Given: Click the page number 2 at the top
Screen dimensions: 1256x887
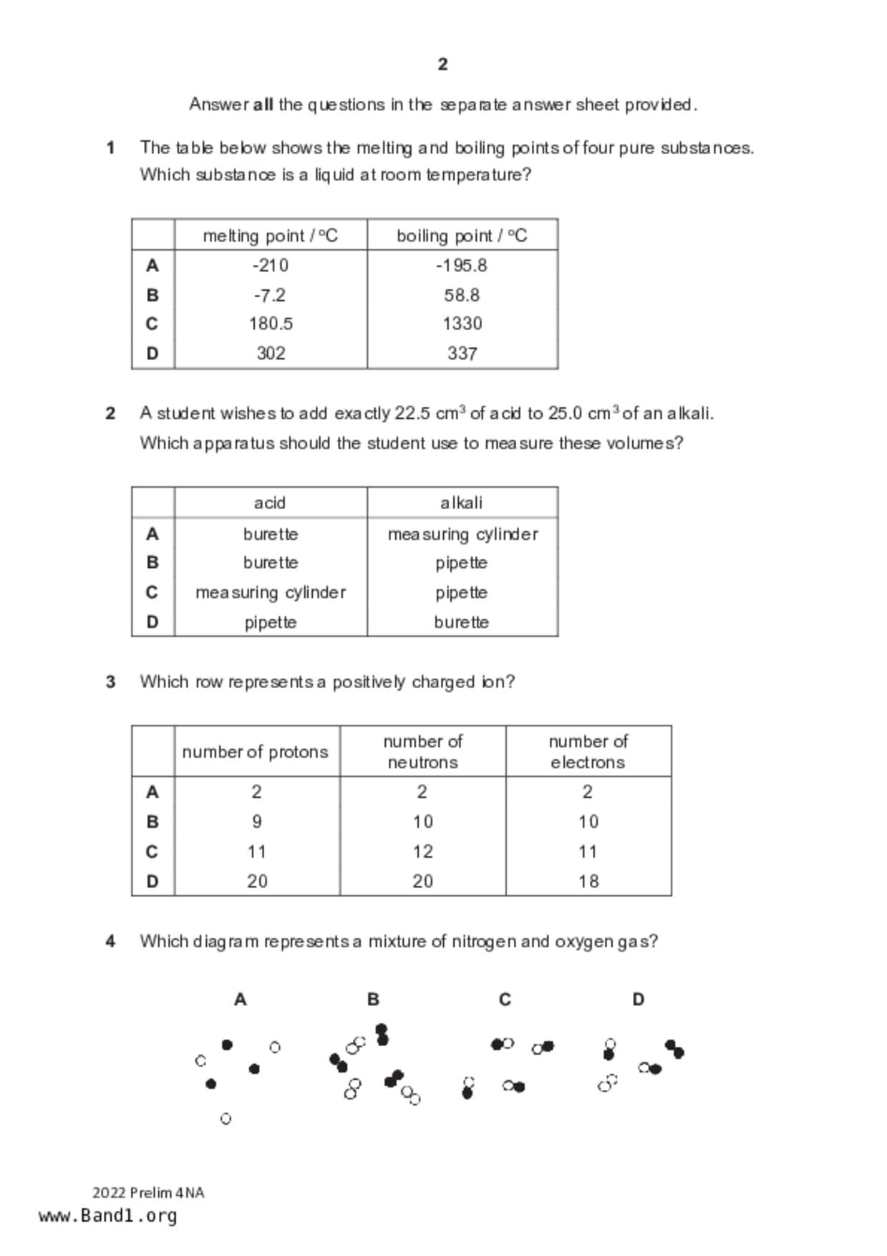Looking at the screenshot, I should point(442,64).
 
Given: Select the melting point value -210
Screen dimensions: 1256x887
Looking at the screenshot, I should point(271,266).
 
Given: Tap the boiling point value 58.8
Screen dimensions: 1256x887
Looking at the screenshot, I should point(462,295).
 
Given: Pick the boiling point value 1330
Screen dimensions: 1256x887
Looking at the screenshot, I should point(462,324).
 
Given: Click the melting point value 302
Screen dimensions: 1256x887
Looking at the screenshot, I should point(271,353).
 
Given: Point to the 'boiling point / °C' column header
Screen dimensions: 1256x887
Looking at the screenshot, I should point(462,236).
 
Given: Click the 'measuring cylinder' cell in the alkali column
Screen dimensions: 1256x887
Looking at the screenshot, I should point(462,534).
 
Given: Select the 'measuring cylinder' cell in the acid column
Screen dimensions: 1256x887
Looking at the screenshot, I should point(271,593).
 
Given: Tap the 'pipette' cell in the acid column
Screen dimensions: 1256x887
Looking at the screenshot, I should point(271,622).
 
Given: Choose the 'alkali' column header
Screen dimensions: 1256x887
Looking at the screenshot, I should point(462,503).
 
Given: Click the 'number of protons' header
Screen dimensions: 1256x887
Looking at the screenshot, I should point(256,752).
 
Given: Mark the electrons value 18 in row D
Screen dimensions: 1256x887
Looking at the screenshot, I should point(588,881).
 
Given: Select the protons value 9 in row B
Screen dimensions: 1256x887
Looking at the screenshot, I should point(257,821).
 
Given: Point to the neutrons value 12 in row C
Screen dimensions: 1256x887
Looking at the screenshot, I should point(422,851).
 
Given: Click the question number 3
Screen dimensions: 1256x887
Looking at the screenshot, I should point(110,682).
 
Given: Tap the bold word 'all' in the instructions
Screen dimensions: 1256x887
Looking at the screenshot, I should point(263,105).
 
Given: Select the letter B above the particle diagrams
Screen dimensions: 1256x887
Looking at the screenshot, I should point(373,1000).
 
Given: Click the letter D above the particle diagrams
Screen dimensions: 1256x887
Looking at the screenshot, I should point(638,1000).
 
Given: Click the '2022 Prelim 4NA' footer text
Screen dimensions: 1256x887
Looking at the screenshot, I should point(148,1193).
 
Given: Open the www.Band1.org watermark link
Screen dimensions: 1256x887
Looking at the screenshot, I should point(108,1216).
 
